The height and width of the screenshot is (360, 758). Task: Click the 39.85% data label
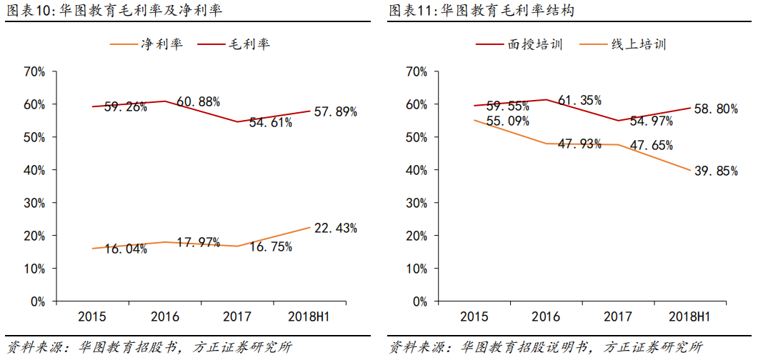[716, 171]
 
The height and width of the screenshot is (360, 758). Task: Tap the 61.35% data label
[579, 100]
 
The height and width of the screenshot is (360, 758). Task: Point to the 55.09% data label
[508, 121]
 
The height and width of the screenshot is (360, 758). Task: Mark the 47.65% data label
[651, 145]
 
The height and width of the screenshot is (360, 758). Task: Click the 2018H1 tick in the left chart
[309, 316]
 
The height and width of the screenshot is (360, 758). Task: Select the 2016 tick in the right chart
[547, 316]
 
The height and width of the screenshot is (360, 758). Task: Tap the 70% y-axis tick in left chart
[35, 71]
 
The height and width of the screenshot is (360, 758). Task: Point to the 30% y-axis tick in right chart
[416, 203]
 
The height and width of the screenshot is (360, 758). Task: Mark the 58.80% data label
[715, 109]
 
